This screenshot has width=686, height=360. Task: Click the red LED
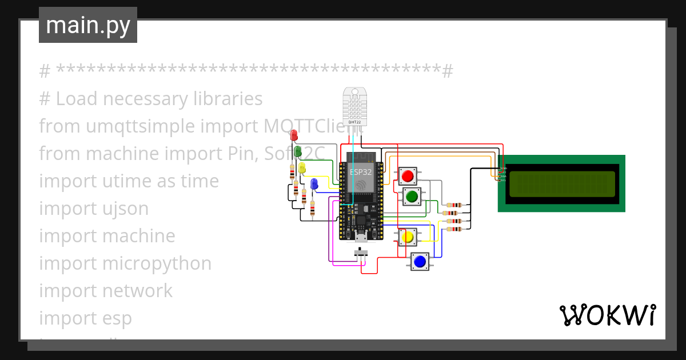(x=294, y=135)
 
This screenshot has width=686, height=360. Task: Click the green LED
(x=298, y=152)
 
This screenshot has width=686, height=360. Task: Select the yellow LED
(x=302, y=168)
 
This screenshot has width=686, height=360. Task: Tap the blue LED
(x=314, y=184)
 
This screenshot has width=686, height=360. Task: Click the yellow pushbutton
(x=408, y=237)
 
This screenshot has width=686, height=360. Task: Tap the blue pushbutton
(x=420, y=262)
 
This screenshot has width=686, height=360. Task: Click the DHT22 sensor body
(x=354, y=106)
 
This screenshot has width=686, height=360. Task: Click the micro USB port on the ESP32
(x=361, y=237)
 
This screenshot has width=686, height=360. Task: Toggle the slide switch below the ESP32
(x=361, y=252)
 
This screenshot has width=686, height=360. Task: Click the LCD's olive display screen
(x=562, y=183)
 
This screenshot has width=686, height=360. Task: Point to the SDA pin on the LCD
(x=503, y=177)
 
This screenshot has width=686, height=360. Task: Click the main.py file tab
(x=88, y=26)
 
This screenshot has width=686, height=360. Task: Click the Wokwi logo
(x=607, y=315)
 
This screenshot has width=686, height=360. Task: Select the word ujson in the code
(x=123, y=209)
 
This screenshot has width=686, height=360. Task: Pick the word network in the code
(x=137, y=291)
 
